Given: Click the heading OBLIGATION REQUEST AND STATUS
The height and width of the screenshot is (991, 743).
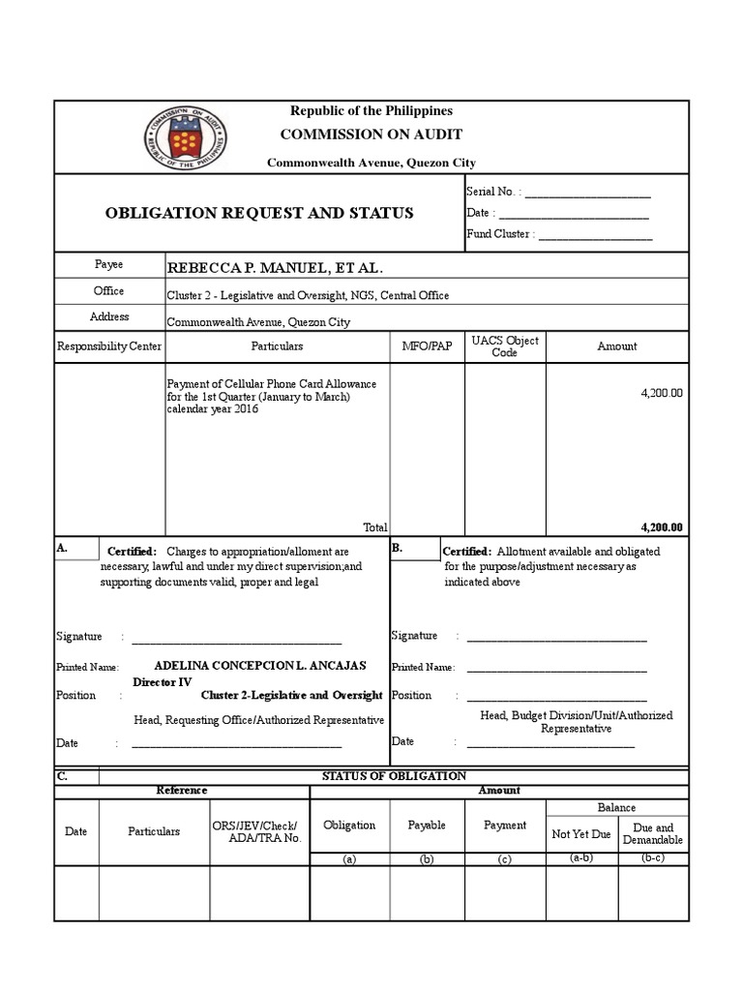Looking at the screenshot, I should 259,213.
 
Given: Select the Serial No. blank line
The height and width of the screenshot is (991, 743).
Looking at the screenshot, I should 587,194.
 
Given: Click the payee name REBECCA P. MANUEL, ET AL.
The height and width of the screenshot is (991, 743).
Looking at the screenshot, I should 268,267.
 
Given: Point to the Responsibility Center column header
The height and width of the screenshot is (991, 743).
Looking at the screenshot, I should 109,346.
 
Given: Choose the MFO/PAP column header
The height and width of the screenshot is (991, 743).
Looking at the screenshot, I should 427,346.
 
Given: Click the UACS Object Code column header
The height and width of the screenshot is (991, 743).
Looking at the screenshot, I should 505,346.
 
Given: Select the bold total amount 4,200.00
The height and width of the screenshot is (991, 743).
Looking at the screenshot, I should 662,527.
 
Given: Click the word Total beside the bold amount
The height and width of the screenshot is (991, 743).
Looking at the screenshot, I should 374,527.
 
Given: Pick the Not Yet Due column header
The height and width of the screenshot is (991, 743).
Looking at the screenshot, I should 581,834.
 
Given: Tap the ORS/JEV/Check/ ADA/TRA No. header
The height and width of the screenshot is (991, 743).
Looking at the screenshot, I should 257,831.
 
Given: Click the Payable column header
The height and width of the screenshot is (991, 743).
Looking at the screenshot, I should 427,826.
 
